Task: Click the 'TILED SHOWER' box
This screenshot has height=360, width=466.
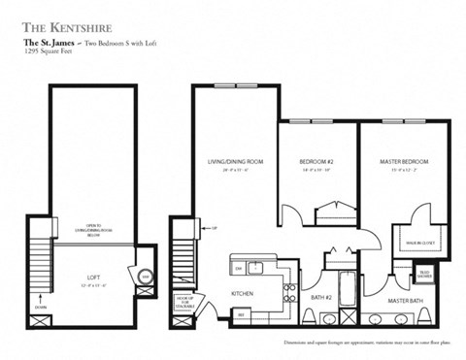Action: (x=424, y=275)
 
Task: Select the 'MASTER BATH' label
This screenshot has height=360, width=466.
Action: (x=403, y=302)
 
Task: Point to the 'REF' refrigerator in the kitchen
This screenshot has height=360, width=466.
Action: (x=242, y=313)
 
